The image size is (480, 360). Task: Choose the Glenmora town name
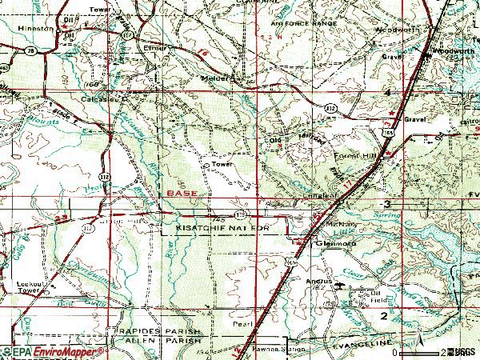pos(330,243)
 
